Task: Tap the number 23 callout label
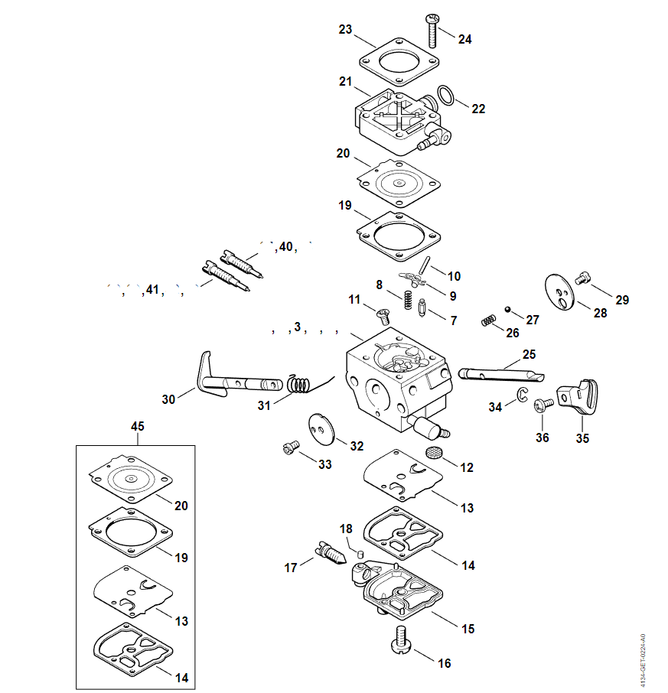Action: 346,30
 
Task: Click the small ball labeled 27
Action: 507,310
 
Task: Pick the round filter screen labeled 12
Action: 435,453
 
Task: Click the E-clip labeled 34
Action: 521,394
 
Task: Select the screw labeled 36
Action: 544,405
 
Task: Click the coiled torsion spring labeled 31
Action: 301,383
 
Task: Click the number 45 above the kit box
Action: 138,426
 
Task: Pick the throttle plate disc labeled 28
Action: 563,291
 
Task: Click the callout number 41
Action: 152,290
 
